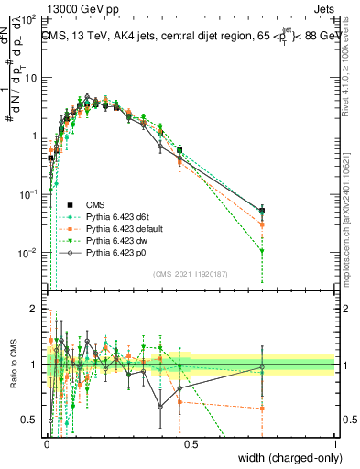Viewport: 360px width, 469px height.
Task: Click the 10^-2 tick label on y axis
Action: coord(29,253)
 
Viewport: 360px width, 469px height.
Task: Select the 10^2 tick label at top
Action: coord(29,19)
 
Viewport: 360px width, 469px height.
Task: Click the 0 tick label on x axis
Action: coord(47,444)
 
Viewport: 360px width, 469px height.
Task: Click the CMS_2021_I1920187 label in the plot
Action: coord(191,274)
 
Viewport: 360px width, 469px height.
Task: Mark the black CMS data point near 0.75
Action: coord(262,212)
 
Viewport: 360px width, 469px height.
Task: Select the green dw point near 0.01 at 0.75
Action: coord(262,251)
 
